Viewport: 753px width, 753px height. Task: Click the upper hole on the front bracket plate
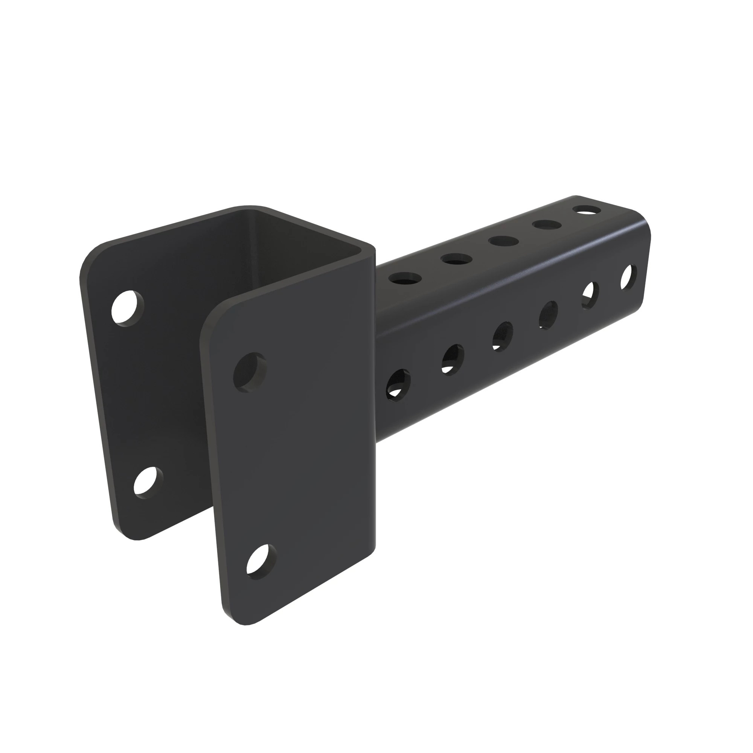[x=250, y=372]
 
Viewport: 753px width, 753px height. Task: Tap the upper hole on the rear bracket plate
[x=127, y=308]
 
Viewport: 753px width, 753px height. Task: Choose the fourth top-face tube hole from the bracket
[x=547, y=225]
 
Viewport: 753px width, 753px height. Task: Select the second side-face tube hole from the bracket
[x=453, y=359]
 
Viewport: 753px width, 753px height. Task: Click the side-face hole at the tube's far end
[x=628, y=277]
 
